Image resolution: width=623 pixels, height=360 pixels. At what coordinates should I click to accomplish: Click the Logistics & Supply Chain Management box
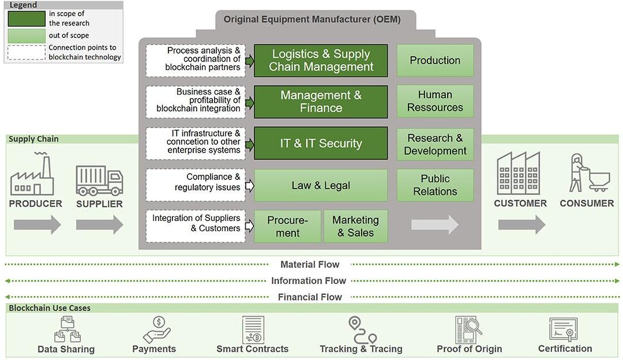tap(321, 61)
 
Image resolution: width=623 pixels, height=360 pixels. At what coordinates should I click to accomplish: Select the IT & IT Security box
tap(321, 143)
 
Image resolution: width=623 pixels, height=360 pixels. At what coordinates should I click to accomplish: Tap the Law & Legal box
tap(321, 185)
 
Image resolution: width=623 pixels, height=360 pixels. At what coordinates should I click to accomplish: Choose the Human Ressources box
tap(435, 101)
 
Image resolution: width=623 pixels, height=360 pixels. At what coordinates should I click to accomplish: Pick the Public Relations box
tap(435, 185)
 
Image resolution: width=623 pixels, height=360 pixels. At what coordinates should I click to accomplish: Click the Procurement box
tap(287, 226)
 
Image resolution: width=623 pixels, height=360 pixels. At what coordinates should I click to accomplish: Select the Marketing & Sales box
tap(355, 226)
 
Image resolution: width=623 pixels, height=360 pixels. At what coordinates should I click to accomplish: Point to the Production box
tap(435, 61)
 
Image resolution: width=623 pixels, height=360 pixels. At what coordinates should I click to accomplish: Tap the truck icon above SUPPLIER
tap(99, 180)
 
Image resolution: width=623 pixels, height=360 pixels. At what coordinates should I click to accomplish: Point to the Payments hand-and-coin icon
tap(154, 329)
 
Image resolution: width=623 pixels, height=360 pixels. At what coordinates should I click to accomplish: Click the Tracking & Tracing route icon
tap(362, 329)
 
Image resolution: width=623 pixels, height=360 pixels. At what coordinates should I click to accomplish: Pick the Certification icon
tap(564, 330)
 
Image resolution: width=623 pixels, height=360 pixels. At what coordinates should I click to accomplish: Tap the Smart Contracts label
tap(252, 349)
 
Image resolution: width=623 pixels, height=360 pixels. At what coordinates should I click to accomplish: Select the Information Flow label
tap(309, 281)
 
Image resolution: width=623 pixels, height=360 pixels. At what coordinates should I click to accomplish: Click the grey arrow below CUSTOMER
tap(521, 224)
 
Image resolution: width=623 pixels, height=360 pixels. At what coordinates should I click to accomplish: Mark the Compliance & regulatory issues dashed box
tap(196, 185)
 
